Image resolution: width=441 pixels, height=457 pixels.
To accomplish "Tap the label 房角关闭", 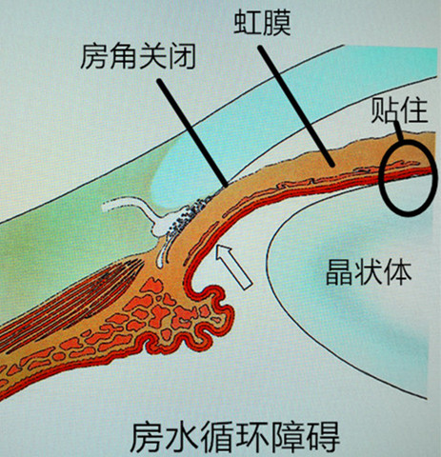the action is click(x=138, y=56).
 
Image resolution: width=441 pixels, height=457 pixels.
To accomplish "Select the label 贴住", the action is click(x=400, y=110).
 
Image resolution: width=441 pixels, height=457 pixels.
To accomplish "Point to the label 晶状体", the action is click(x=369, y=271).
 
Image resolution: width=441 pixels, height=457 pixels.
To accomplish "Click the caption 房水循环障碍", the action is click(x=235, y=437).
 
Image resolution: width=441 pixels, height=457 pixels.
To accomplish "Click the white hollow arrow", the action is click(x=233, y=267).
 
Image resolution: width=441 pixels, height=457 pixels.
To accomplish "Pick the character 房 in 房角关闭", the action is click(x=94, y=56).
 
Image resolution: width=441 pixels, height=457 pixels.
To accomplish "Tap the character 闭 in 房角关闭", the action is click(x=182, y=57).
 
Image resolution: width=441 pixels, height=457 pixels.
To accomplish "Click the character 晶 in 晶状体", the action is click(x=339, y=272).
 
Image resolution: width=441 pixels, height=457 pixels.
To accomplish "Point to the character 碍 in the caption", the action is click(x=324, y=437).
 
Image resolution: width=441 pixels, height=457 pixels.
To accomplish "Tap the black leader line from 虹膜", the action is click(x=296, y=106).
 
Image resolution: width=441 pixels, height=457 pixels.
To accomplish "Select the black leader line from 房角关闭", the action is click(x=192, y=132).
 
